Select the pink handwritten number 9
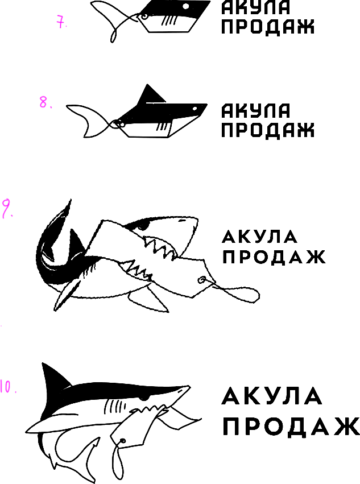7,208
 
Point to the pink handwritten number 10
7,387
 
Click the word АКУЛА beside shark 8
255,111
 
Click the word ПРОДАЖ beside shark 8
267,130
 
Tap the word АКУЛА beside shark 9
259,236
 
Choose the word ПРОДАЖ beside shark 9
274,257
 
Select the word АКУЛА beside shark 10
272,396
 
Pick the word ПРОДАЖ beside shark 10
291,427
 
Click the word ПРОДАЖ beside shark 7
267,26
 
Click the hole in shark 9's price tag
201,279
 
